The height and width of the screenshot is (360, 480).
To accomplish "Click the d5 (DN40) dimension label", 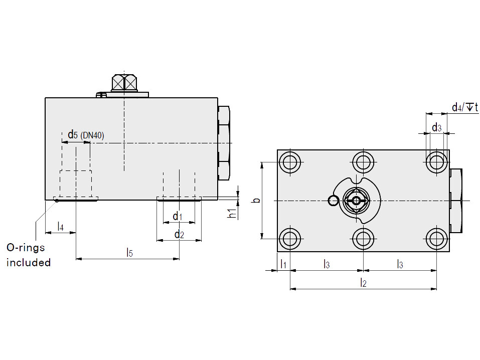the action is [86, 135].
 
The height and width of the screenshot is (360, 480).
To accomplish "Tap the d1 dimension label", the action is [178, 217].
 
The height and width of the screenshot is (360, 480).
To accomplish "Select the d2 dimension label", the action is [179, 235].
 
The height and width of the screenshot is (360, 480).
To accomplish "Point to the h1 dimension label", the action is [233, 213].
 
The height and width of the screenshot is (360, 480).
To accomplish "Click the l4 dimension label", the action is [61, 227].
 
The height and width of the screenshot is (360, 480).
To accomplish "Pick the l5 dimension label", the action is [130, 253].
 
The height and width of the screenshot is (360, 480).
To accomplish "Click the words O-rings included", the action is [29, 255].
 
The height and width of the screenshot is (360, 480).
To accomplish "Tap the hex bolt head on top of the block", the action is [124, 83].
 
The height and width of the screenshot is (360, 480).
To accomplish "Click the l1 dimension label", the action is [283, 264].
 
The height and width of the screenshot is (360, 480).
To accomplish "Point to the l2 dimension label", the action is [363, 283].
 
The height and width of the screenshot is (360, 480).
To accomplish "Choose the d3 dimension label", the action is [436, 127].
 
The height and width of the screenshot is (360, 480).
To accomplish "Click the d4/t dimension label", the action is [465, 107].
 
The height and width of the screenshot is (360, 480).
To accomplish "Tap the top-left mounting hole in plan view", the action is [289, 162].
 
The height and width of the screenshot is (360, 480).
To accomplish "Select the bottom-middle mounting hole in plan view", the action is [363, 239].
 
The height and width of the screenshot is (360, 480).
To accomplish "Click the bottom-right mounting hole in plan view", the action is [436, 239].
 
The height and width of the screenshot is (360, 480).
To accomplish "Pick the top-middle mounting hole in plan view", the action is [363, 162].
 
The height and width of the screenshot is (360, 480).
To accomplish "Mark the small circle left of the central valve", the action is [333, 201].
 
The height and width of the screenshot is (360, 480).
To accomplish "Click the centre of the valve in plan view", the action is [356, 201].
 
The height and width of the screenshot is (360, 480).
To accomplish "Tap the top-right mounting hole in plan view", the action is [436, 162].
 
